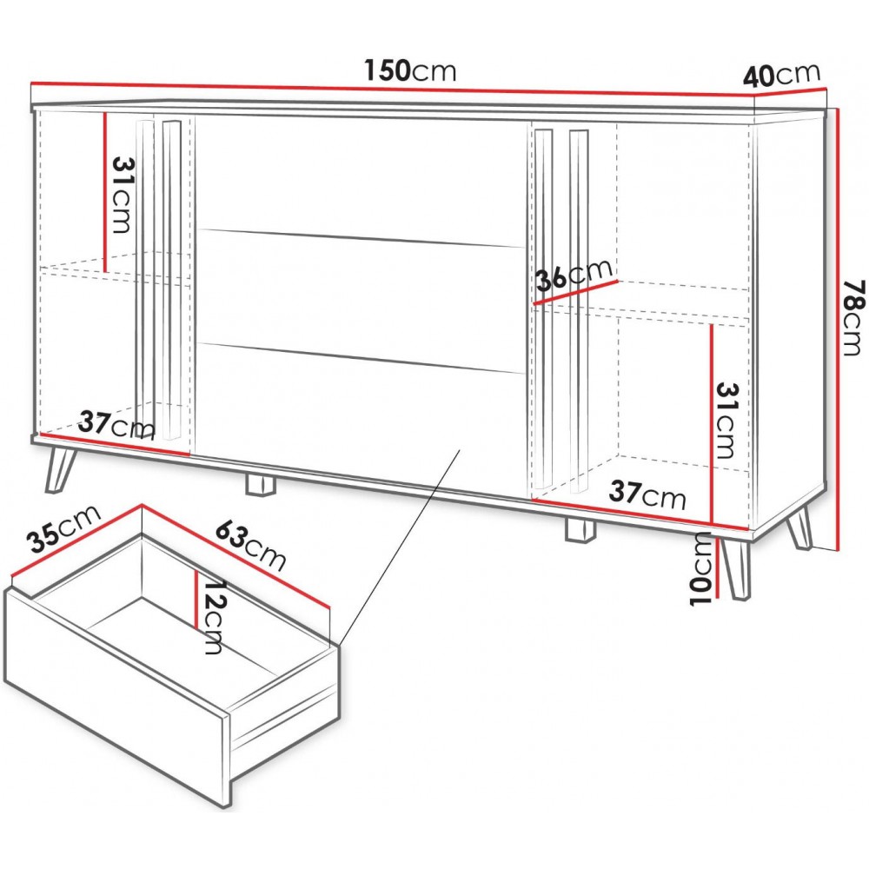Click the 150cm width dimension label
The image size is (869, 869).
pos(410,70)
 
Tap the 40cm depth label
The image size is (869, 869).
pos(781,75)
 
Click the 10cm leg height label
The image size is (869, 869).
pos(703,568)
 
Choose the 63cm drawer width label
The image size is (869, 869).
pos(250,546)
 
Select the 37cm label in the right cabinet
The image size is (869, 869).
pos(647,494)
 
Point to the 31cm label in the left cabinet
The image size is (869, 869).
pos(123,195)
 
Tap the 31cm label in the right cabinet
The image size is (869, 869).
pos(726,421)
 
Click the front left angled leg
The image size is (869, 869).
pos(60,469)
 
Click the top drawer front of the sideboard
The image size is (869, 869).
pos(361,180)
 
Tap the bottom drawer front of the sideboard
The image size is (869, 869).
pos(361,415)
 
